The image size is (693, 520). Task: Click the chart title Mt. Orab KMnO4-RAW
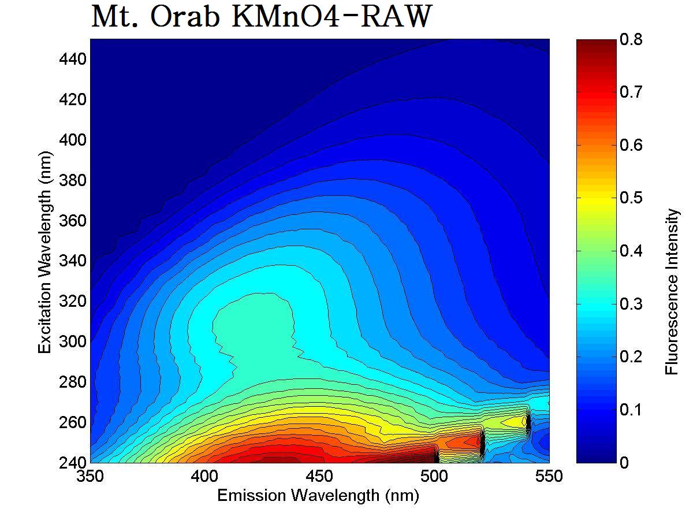261,17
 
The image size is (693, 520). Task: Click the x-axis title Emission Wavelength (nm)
318,496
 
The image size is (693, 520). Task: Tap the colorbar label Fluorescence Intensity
672,292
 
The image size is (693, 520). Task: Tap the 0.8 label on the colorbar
631,39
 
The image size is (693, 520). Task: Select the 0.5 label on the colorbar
631,198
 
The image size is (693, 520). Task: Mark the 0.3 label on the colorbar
631,304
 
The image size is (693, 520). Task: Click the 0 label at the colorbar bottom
624,462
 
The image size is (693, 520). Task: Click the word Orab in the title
187,17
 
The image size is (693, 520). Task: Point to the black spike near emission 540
528,422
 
